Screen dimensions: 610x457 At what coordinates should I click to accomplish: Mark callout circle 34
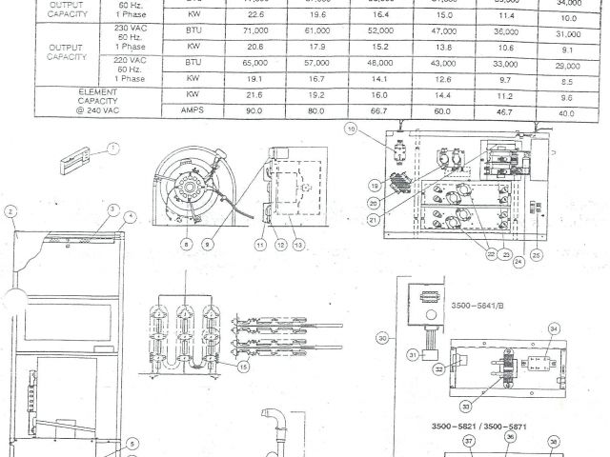(554, 330)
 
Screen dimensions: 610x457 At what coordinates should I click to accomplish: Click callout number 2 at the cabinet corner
(9, 211)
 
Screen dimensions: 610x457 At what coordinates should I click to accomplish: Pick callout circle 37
(468, 442)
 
